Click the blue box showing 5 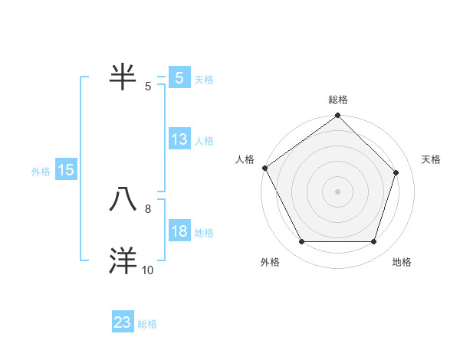(179, 78)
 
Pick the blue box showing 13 (179, 140)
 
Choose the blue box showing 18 (179, 232)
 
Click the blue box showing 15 (66, 171)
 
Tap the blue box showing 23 (123, 323)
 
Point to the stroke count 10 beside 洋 (148, 270)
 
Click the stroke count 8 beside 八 (148, 208)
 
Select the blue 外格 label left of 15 (41, 172)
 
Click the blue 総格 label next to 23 (147, 324)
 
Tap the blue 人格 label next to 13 (204, 141)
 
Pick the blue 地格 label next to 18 (204, 233)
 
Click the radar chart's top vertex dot (337, 116)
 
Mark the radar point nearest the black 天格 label (396, 173)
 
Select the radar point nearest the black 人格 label (264, 168)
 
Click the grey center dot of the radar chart (337, 191)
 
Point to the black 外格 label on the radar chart (270, 263)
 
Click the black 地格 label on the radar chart (402, 263)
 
